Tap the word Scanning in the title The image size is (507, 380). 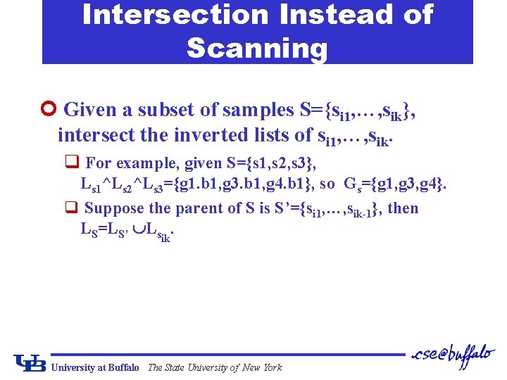pos(257,48)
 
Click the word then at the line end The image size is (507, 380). pos(403,208)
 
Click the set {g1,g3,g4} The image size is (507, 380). pos(410,186)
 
